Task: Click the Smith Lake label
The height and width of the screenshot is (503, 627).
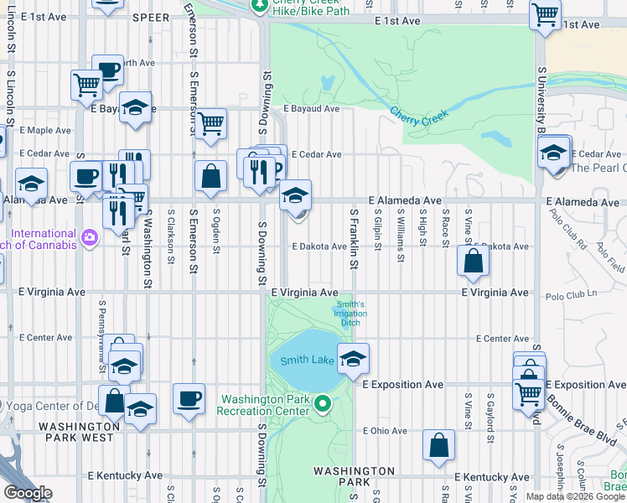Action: coord(302,361)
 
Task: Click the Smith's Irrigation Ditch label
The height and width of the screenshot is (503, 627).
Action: coord(350,314)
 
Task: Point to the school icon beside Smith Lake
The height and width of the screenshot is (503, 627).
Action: coord(353,358)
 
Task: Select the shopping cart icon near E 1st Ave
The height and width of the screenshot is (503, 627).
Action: coord(546,14)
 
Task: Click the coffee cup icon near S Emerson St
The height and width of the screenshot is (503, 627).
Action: coord(189,397)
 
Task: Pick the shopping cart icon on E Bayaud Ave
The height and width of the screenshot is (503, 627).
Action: coord(210,122)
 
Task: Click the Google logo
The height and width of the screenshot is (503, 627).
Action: coord(28,493)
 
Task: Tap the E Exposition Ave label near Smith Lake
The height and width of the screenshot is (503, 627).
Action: coord(402,384)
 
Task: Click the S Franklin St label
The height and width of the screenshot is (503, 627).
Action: coord(355,240)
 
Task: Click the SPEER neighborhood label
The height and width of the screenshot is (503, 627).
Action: coord(150,15)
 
